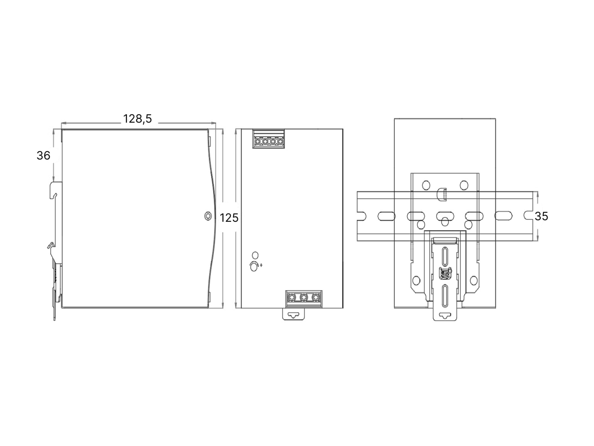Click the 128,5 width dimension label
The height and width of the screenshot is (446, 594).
tap(137, 119)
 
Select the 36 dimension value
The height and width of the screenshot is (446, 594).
tap(43, 155)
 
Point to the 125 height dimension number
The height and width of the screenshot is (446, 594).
tap(229, 218)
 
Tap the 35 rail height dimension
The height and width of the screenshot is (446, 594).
tap(541, 216)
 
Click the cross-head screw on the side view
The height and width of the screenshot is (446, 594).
tap(208, 216)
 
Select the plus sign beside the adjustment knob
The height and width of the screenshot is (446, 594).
tap(261, 265)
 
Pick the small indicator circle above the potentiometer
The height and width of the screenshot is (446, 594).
tap(255, 255)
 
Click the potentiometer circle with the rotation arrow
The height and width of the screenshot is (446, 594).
tap(254, 267)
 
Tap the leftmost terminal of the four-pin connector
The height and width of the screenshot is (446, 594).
tap(258, 141)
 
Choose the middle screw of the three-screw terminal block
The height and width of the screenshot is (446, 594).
tap(304, 297)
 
